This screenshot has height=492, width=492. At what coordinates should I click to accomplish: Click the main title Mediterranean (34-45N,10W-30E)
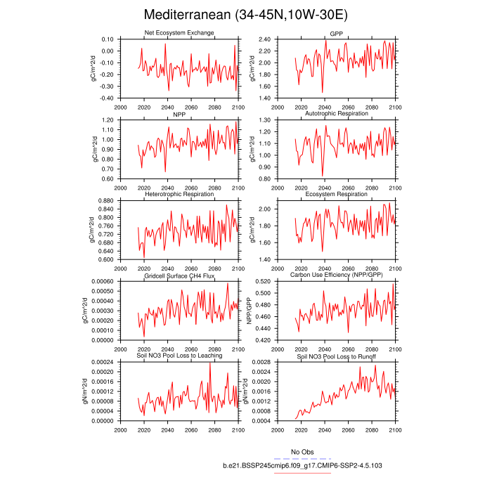pos(245,15)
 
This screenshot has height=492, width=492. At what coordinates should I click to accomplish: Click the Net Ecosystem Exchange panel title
pos(179,33)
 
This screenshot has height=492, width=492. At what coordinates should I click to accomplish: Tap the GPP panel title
pos(336,34)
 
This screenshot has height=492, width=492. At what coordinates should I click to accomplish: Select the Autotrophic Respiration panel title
pos(336,114)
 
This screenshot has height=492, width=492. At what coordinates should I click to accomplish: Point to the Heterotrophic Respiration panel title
pos(179,194)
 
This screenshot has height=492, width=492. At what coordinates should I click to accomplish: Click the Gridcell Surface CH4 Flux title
pos(179,276)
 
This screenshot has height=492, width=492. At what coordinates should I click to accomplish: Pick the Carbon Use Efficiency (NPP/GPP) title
pos(336,276)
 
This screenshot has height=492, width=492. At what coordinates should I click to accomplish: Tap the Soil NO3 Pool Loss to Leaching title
pos(179,356)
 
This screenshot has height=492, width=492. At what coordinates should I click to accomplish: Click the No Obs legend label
pos(302,452)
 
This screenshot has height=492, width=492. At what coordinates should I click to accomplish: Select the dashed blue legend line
pos(302,458)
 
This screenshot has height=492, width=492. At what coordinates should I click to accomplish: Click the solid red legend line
pos(302,472)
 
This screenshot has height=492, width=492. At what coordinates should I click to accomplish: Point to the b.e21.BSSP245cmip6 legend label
pos(302,465)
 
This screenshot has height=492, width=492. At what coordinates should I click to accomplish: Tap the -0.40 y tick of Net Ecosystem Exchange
pos(107,98)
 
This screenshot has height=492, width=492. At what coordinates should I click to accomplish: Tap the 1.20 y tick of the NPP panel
pos(108,120)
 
